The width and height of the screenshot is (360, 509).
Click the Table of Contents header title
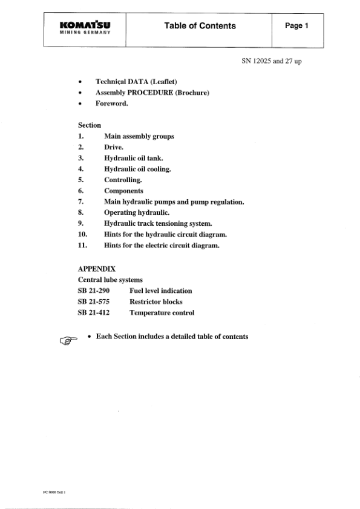click(200, 26)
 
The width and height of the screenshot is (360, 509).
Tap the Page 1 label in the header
click(297, 26)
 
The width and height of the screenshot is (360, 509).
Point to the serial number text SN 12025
click(273, 61)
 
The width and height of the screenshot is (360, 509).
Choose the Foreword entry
click(111, 103)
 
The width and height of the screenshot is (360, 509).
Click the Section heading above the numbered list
click(90, 125)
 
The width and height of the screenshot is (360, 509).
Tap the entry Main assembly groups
click(139, 136)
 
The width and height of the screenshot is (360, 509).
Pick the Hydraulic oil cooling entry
click(137, 169)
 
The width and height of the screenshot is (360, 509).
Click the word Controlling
click(123, 180)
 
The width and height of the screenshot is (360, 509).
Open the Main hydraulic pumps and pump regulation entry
click(174, 202)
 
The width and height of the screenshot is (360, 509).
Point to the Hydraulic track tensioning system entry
click(158, 223)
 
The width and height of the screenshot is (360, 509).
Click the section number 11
click(83, 245)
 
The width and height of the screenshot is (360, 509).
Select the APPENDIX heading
click(97, 268)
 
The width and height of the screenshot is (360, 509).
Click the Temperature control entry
click(162, 312)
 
